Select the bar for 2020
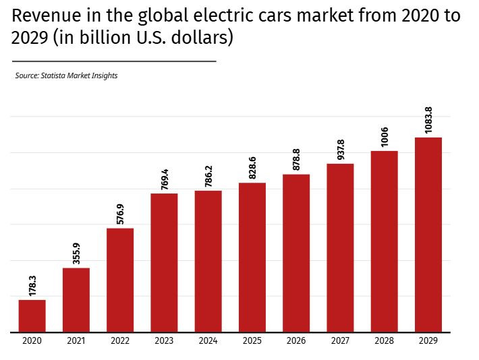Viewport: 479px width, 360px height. (x=32, y=316)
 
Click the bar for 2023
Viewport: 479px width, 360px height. (x=164, y=262)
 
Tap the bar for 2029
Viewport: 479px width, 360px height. (x=428, y=235)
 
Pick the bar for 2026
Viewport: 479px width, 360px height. (x=296, y=253)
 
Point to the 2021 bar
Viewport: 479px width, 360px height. (x=76, y=300)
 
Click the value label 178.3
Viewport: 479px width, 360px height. (x=32, y=284)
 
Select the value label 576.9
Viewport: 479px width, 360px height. (x=120, y=212)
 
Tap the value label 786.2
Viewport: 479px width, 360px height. (x=208, y=174)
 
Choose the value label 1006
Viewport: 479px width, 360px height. (x=385, y=137)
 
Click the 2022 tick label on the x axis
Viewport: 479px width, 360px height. (x=120, y=341)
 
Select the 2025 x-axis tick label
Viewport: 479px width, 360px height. (x=252, y=341)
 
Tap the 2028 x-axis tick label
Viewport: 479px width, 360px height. (x=384, y=341)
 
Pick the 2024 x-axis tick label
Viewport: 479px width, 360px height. (x=208, y=341)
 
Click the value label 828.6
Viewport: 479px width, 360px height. (x=252, y=166)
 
